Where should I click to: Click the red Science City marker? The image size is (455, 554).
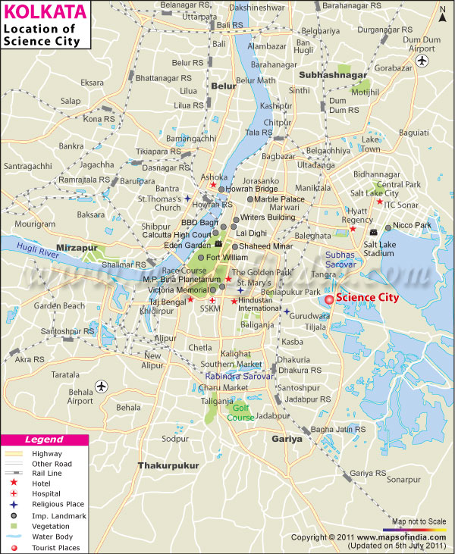(329, 299)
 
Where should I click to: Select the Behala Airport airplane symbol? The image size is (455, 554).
(102, 387)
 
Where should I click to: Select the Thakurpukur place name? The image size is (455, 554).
(168, 465)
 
